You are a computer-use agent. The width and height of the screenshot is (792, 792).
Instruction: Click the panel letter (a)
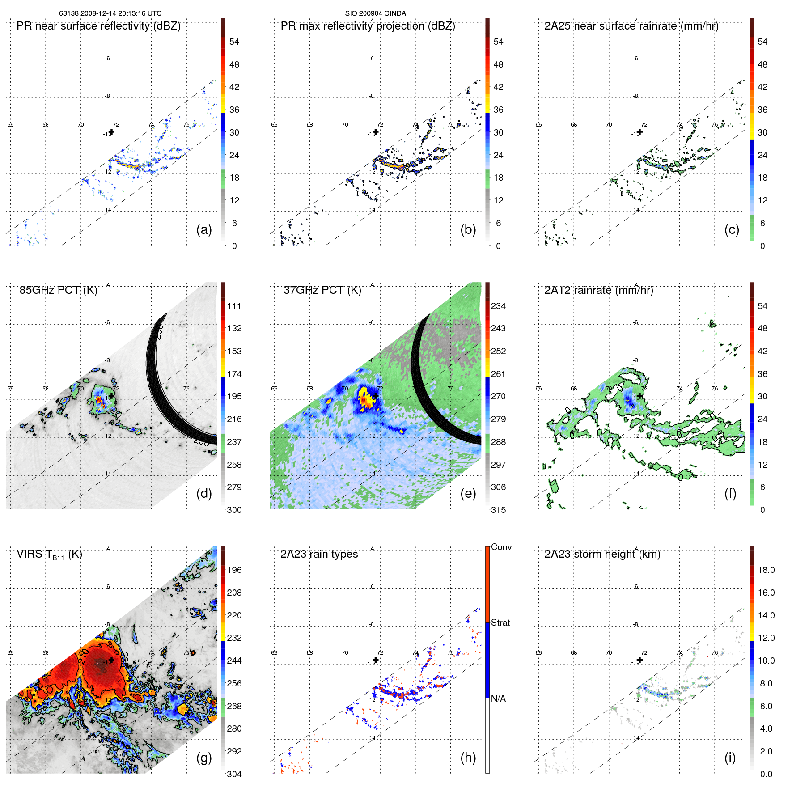point(204,229)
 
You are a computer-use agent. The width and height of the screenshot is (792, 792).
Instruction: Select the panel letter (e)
point(468,493)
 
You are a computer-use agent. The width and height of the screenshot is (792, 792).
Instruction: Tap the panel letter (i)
point(730,758)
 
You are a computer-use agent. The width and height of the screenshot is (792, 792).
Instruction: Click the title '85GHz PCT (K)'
point(58,290)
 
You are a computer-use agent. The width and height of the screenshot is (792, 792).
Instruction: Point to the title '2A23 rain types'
point(319,554)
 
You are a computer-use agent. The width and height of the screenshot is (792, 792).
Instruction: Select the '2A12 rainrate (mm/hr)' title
point(598,290)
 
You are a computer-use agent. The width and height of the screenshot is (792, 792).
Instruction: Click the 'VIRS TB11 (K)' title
point(49,555)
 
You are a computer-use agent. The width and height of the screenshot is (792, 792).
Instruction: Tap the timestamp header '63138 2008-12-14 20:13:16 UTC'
point(110,13)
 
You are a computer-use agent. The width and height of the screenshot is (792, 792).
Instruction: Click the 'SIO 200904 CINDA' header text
point(375,13)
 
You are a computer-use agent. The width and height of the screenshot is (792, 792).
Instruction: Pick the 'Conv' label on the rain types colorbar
point(501,547)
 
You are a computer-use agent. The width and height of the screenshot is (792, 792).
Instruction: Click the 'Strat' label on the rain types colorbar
point(500,623)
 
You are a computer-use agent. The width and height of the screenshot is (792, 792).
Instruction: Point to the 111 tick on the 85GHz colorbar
point(234,306)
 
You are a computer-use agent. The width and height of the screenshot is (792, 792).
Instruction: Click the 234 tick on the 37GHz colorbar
point(498,306)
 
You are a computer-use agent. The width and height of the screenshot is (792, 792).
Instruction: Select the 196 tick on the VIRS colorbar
point(234,570)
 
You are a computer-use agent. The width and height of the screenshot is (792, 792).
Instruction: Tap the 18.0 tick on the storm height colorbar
point(766,570)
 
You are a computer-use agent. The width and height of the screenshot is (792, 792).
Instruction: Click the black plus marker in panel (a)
point(112,132)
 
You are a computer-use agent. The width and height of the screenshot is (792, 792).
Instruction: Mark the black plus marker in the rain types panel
point(376,660)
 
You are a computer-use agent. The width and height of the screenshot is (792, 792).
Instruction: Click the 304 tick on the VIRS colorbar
point(234,774)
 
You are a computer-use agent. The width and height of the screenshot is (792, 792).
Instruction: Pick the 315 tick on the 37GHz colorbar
point(498,510)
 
